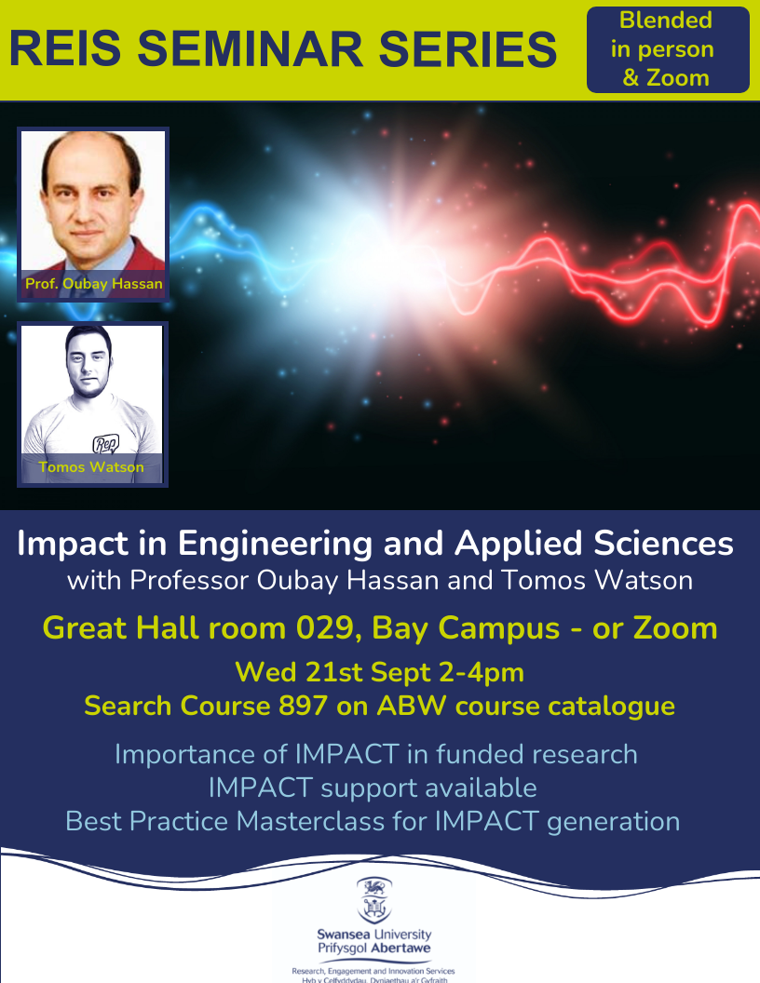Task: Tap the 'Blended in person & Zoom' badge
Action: tap(668, 49)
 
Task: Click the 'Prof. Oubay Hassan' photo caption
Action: tap(93, 283)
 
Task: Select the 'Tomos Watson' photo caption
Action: tap(91, 467)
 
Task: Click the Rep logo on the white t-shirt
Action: tap(105, 444)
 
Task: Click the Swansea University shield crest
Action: tap(374, 900)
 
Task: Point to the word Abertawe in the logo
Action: tap(401, 948)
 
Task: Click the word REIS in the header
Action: tap(65, 49)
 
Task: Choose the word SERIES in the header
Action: tap(468, 49)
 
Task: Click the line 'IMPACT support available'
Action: tap(373, 788)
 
